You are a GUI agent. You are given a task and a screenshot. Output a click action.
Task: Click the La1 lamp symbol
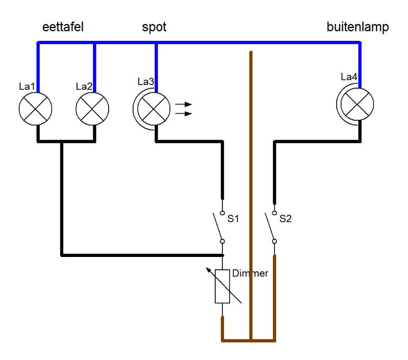click(35, 109)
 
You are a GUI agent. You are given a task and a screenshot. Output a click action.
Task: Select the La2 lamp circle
click(92, 109)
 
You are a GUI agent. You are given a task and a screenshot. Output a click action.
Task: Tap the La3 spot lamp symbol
click(151, 109)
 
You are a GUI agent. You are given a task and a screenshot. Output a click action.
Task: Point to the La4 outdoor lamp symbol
click(355, 104)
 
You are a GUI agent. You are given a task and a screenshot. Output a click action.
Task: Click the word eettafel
click(63, 27)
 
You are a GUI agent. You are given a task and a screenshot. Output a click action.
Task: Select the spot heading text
click(154, 28)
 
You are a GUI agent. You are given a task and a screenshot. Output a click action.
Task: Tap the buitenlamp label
click(358, 27)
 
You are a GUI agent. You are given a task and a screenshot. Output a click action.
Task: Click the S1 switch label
click(233, 218)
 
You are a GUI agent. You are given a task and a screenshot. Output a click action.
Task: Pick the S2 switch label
click(286, 218)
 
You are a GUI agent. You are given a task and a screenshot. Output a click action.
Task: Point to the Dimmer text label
click(250, 273)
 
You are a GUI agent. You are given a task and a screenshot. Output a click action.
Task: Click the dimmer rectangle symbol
click(222, 287)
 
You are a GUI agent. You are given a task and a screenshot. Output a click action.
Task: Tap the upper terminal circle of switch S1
click(222, 213)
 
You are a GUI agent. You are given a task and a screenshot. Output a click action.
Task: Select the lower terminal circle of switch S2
click(274, 241)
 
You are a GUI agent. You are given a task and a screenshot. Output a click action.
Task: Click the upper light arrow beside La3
click(184, 105)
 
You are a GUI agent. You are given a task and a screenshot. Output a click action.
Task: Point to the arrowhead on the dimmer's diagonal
click(209, 270)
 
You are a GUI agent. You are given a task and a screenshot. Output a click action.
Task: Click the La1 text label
click(27, 86)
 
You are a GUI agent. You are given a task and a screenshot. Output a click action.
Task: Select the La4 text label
click(349, 76)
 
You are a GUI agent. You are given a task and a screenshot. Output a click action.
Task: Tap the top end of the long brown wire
click(251, 52)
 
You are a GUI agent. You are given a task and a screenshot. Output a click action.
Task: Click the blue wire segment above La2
click(94, 68)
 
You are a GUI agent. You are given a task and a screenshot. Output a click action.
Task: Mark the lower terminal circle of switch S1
click(222, 241)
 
